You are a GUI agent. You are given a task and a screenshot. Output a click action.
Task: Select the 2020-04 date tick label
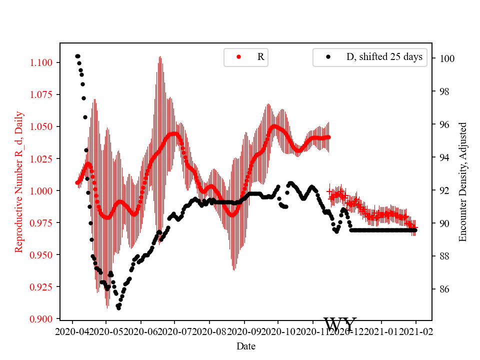[72, 331]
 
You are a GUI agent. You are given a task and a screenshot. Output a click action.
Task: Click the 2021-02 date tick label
[415, 331]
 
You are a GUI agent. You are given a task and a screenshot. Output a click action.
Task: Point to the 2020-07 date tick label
[175, 331]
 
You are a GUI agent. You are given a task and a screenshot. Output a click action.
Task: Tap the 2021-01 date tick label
[382, 331]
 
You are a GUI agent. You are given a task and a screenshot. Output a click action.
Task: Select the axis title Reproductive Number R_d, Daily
[19, 181]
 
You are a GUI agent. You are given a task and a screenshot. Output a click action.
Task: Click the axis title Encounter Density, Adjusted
[462, 181]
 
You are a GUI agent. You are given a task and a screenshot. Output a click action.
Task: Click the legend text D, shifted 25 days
[384, 57]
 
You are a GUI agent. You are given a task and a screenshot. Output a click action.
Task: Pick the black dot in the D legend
[328, 57]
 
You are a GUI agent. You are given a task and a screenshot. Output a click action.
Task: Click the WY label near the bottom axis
[340, 324]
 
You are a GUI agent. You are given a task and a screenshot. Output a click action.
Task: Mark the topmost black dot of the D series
[77, 56]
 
